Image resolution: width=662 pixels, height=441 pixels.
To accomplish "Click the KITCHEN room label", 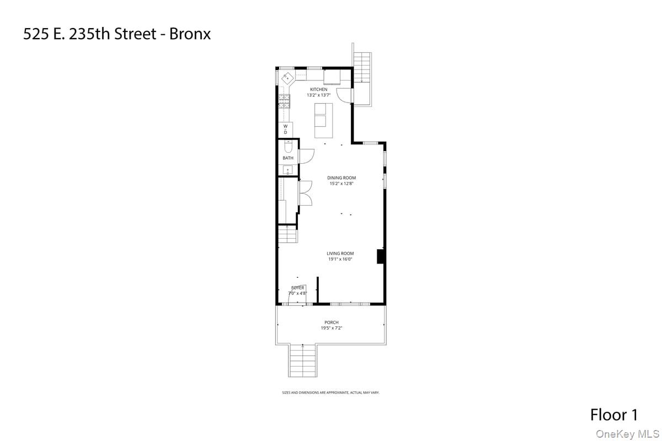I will pyautogui.click(x=318, y=89).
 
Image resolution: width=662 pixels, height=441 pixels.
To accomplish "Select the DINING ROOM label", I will pyautogui.click(x=341, y=178).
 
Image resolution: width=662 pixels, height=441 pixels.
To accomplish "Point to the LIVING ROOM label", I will pyautogui.click(x=340, y=254).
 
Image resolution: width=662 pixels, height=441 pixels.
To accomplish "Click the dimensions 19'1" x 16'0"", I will pyautogui.click(x=340, y=259).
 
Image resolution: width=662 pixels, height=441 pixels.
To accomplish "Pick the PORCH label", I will pyautogui.click(x=332, y=322).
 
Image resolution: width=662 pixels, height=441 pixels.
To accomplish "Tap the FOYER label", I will pyautogui.click(x=298, y=288).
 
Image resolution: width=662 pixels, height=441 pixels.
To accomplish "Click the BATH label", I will pyautogui.click(x=288, y=158).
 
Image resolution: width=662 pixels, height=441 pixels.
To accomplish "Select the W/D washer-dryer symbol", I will pyautogui.click(x=285, y=130).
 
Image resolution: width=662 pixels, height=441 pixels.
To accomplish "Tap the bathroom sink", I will pyautogui.click(x=287, y=170).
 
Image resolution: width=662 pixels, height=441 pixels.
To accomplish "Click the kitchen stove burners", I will pyautogui.click(x=284, y=101).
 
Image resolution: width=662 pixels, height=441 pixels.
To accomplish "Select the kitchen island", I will pyautogui.click(x=324, y=120).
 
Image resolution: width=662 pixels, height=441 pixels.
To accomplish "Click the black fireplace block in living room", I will pyautogui.click(x=380, y=257).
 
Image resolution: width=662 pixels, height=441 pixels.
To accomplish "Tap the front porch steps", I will pyautogui.click(x=302, y=361).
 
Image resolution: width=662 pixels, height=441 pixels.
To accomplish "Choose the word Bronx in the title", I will pyautogui.click(x=190, y=34).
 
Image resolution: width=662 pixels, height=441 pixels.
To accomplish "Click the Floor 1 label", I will pyautogui.click(x=614, y=415).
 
